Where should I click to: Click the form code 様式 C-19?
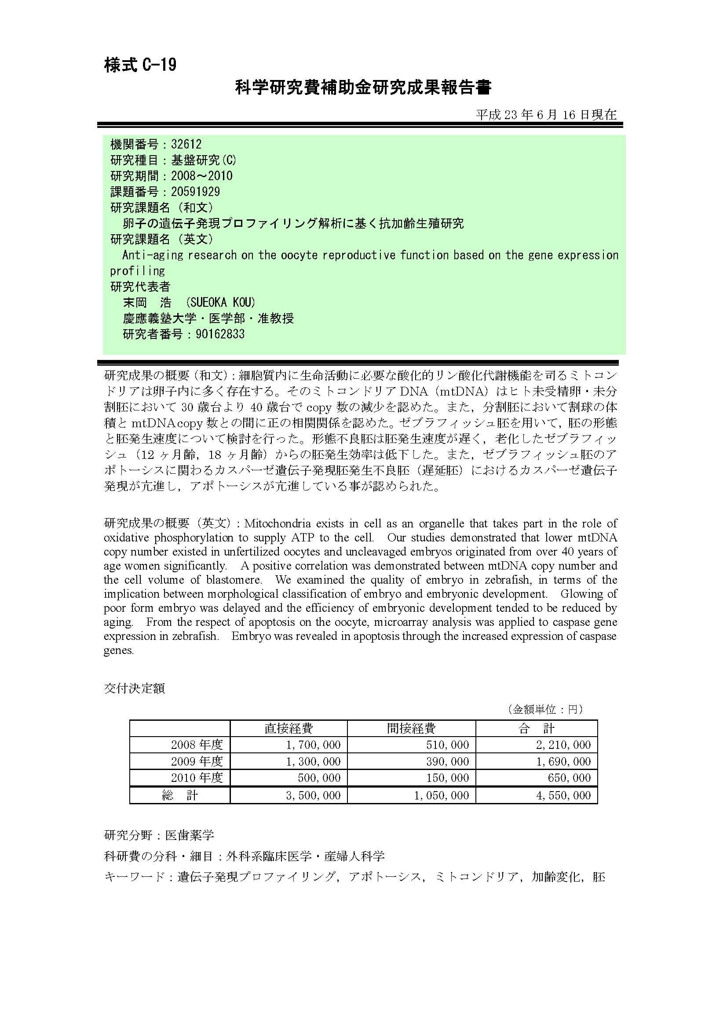click(140, 65)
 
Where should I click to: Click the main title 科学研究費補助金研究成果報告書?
click(363, 87)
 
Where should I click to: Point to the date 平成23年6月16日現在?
click(546, 115)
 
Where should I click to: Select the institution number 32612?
click(186, 144)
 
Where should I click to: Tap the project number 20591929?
click(195, 192)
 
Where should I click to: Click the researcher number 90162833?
click(220, 334)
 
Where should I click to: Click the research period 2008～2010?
click(201, 176)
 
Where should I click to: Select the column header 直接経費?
click(289, 728)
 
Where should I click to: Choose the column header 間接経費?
click(411, 728)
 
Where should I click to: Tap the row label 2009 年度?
click(197, 761)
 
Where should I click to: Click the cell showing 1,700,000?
click(313, 745)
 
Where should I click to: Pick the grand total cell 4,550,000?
click(563, 795)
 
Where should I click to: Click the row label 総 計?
click(179, 795)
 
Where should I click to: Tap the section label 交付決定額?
click(135, 688)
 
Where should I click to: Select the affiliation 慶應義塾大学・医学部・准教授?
click(208, 318)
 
